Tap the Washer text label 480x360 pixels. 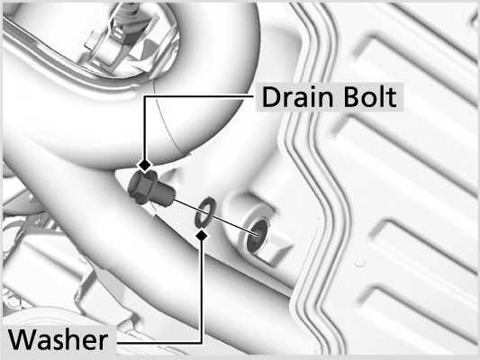59,339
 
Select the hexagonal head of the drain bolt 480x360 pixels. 141,187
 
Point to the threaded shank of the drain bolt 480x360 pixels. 166,194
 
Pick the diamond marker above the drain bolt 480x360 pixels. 145,166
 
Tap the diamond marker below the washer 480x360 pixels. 202,235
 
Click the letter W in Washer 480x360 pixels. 23,339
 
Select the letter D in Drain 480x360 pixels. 271,97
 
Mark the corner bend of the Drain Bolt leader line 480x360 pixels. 145,96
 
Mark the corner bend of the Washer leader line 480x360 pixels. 201,343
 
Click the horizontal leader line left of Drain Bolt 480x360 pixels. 200,96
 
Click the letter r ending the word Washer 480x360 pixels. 104,343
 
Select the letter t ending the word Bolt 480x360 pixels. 392,98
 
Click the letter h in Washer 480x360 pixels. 74,339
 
